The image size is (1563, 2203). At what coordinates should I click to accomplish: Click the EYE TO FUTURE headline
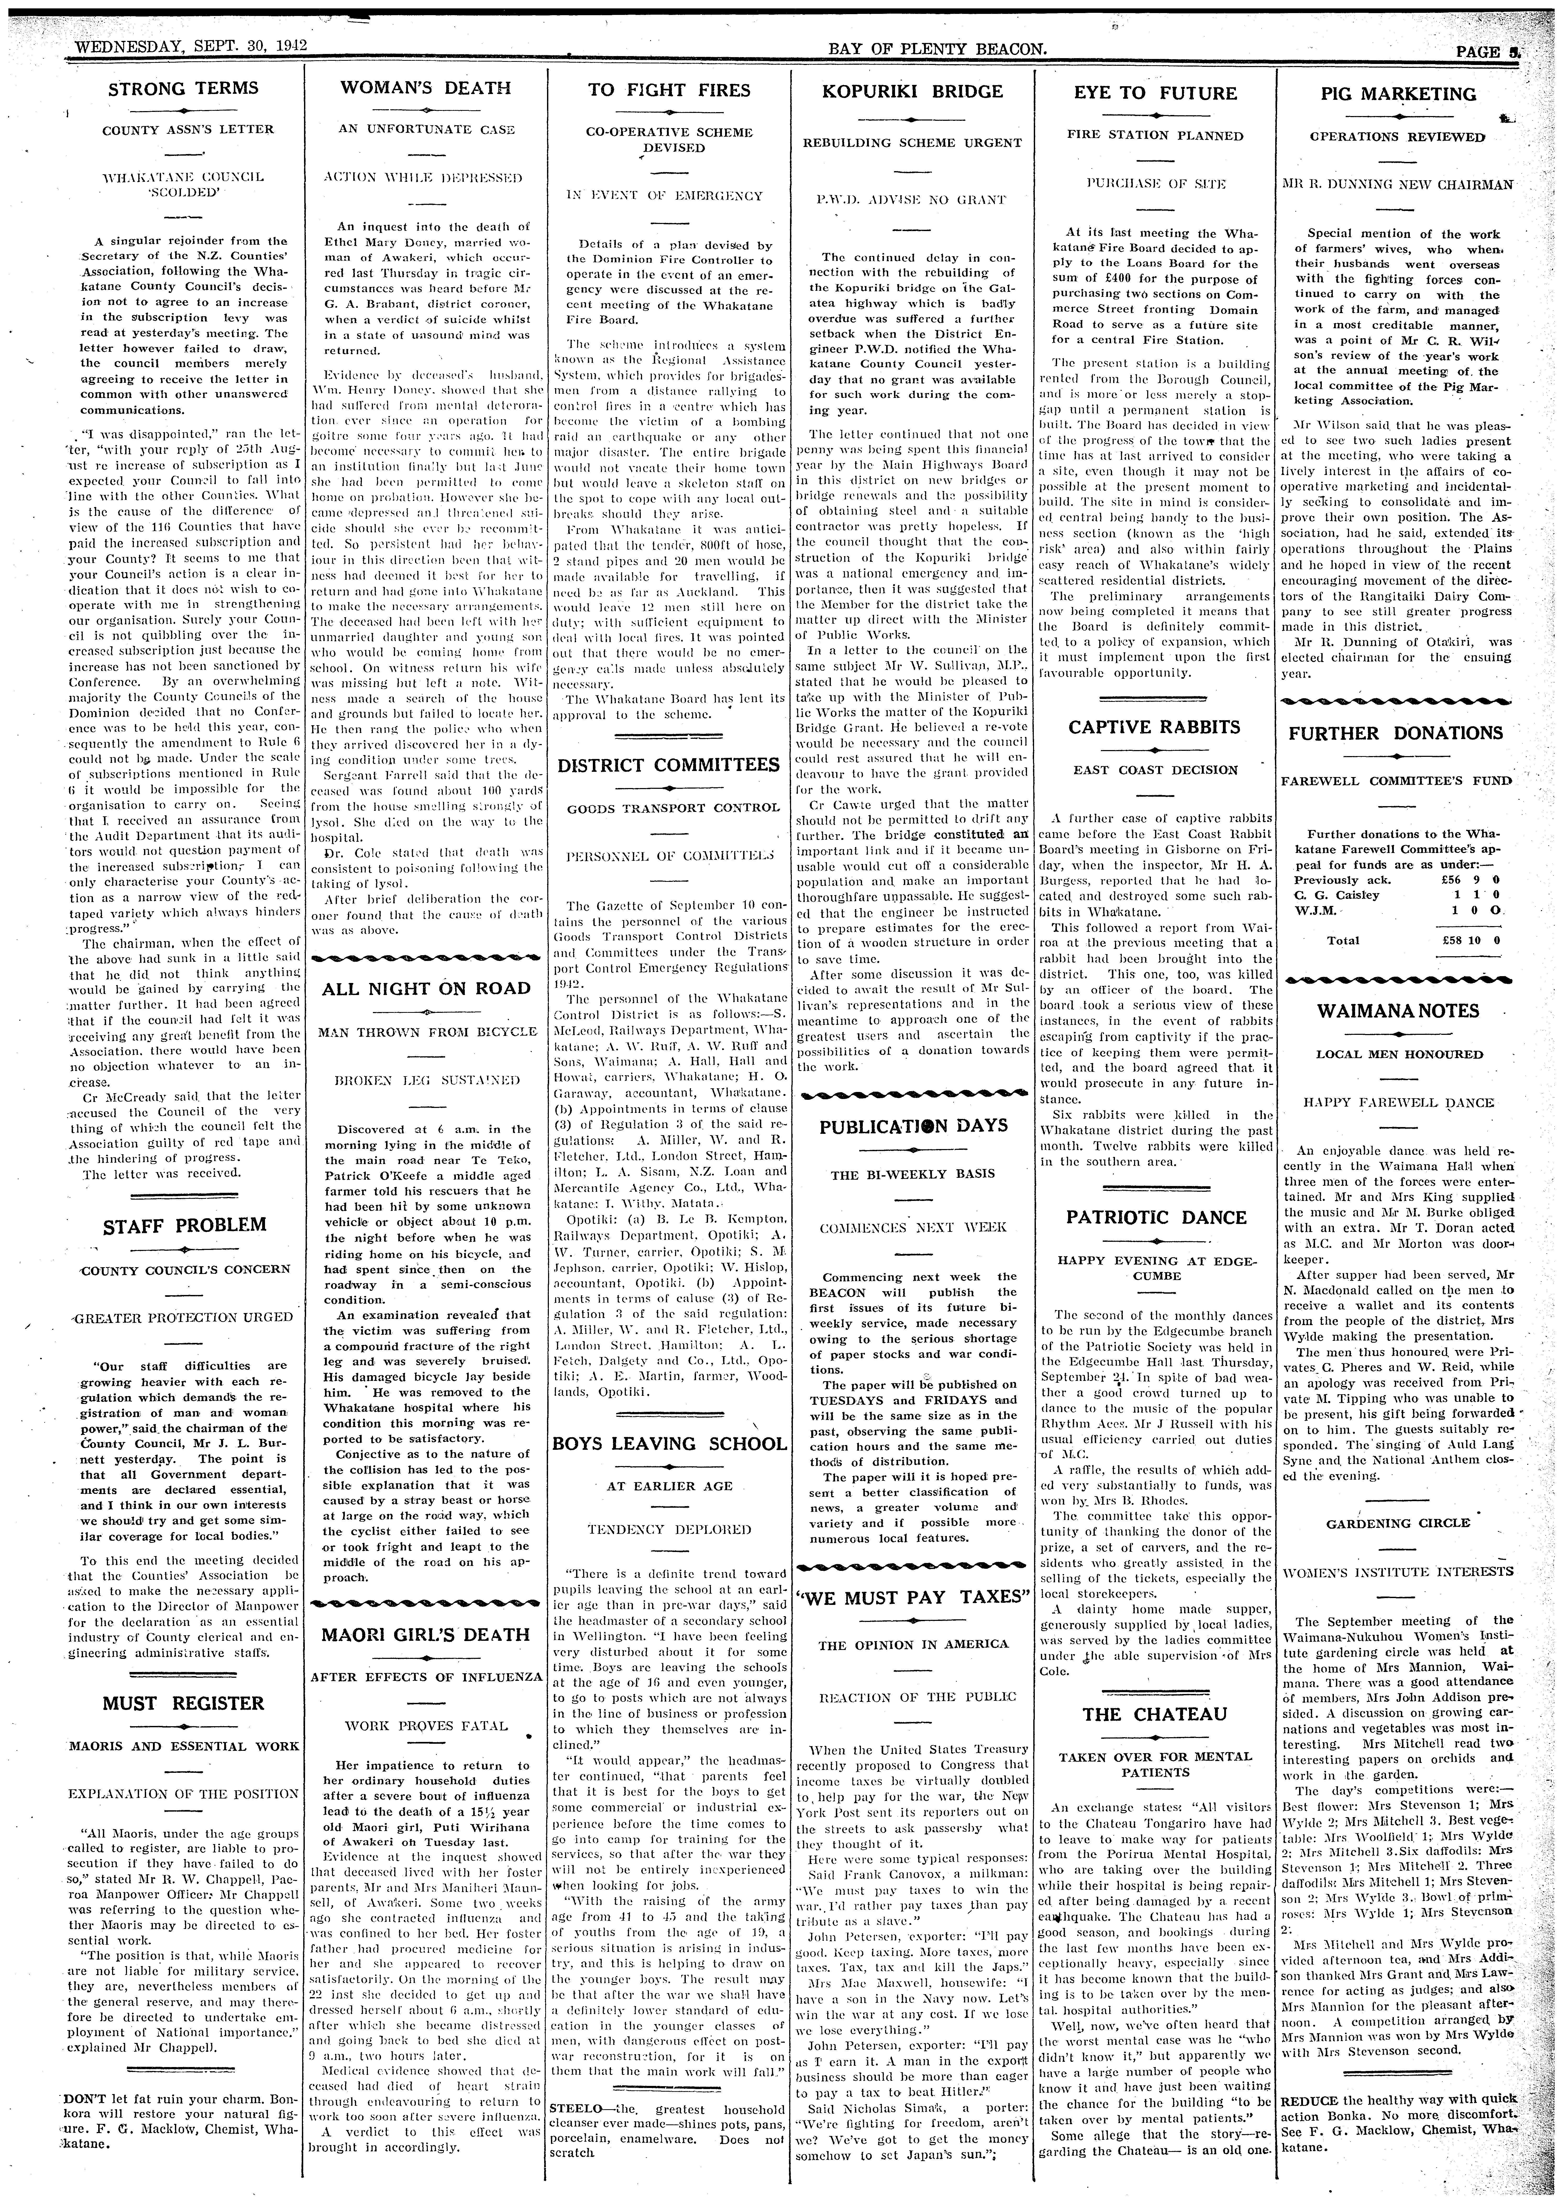click(x=1155, y=94)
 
